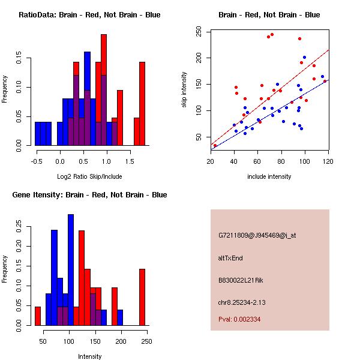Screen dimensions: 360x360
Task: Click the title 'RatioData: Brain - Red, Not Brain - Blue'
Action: point(89,14)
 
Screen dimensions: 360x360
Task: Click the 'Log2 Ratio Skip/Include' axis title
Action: point(89,177)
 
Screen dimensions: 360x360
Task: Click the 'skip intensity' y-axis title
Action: point(184,89)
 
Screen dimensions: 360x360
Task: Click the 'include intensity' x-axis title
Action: point(269,176)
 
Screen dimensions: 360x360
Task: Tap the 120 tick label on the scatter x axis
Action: point(328,161)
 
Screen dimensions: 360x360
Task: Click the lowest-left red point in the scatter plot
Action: point(215,145)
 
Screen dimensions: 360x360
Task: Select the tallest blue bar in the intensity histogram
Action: point(71,270)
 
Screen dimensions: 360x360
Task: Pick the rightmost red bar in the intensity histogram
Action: point(142,297)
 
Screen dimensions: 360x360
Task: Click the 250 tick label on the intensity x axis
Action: point(146,341)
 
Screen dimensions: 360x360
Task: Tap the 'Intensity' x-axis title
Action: point(89,356)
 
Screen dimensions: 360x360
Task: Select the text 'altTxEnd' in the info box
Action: point(230,258)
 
